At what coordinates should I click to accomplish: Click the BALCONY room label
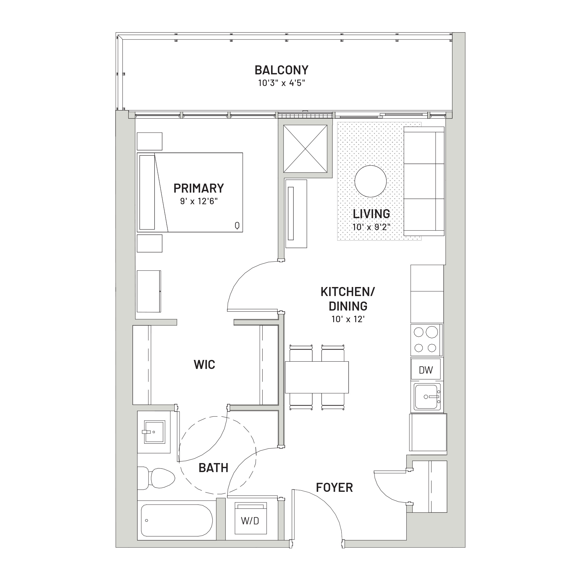click(281, 70)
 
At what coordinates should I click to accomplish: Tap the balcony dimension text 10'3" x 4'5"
click(281, 83)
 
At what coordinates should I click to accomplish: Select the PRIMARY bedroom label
click(199, 188)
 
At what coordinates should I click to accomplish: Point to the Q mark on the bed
click(237, 225)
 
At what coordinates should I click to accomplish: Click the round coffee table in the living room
click(370, 181)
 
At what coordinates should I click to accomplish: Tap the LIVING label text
click(371, 214)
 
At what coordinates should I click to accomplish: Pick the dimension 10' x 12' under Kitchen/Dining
click(348, 319)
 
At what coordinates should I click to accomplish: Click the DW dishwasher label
click(426, 370)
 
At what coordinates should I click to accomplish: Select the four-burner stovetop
click(426, 340)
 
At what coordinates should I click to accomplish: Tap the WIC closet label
click(205, 365)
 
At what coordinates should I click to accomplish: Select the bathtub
click(177, 521)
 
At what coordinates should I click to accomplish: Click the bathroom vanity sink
click(154, 432)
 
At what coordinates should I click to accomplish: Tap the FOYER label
click(334, 487)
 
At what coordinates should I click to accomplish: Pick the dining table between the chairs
click(317, 377)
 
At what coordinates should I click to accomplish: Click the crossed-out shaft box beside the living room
click(306, 149)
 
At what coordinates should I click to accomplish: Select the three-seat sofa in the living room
click(424, 181)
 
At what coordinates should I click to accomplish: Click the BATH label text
click(214, 468)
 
